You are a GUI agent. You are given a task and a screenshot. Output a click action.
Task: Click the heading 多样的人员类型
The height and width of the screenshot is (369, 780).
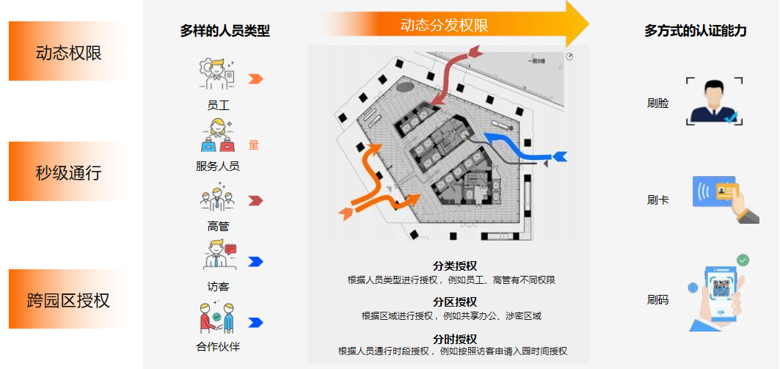point(225,31)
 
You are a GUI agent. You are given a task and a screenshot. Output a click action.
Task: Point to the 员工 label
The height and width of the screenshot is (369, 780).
point(218,106)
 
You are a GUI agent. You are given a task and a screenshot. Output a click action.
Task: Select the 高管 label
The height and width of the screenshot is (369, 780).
point(218,226)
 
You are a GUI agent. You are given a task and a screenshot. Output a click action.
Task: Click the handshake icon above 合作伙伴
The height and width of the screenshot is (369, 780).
point(217,318)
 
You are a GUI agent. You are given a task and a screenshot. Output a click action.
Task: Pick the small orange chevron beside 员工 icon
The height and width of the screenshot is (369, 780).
point(255,79)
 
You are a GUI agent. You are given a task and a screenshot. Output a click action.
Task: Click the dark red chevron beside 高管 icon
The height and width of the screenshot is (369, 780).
point(255,200)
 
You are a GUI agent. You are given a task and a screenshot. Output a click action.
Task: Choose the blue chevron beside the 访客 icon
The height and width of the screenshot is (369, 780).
point(255,261)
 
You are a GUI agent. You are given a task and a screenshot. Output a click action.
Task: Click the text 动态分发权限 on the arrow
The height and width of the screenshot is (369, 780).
point(444,26)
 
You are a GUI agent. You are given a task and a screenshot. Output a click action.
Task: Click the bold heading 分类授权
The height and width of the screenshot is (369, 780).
point(455,266)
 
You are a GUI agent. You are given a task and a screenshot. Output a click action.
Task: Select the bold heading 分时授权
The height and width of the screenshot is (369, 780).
point(455,339)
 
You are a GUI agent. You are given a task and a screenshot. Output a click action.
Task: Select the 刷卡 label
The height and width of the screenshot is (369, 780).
point(658,200)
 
